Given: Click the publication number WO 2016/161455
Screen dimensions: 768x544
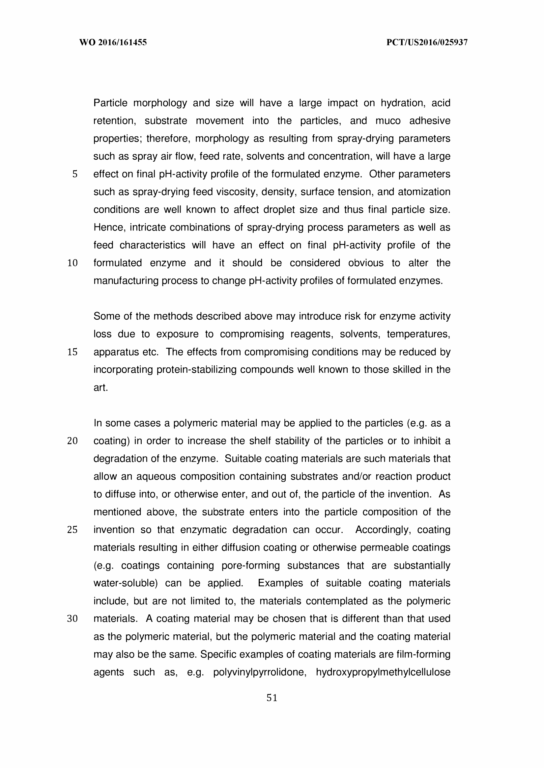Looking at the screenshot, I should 113,42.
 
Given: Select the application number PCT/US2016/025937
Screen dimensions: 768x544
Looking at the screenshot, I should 427,42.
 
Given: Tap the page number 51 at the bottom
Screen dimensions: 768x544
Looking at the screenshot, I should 272,698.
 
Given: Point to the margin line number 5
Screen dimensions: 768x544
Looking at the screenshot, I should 75,174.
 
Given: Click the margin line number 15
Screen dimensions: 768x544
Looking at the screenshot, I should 72,352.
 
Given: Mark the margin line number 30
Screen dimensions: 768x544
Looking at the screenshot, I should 72,619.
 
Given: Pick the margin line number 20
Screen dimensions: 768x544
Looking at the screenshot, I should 72,441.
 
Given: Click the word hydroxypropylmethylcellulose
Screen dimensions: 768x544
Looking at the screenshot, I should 383,672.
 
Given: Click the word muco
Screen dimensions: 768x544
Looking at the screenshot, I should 388,121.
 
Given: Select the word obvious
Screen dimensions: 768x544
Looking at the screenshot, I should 365,263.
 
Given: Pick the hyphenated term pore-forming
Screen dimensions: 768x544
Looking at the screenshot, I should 250,566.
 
